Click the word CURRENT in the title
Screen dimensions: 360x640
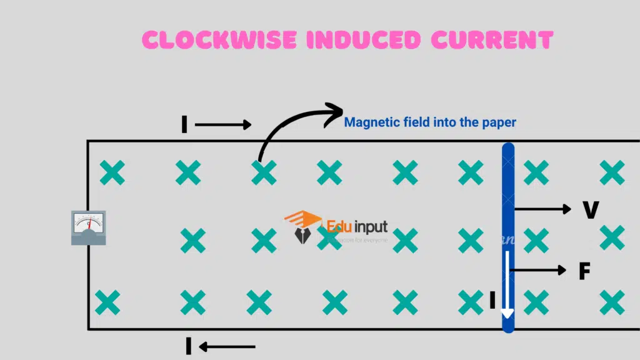[x=492, y=40]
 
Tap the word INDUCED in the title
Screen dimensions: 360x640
[x=361, y=40]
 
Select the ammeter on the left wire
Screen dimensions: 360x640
[x=88, y=227]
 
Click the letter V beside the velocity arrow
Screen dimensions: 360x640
[x=591, y=210]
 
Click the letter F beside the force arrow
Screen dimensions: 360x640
[x=584, y=271]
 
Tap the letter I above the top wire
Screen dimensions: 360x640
[x=184, y=125]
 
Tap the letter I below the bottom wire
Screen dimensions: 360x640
[x=188, y=346]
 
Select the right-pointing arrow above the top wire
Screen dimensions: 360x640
[x=223, y=125]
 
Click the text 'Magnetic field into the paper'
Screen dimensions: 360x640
[x=430, y=122]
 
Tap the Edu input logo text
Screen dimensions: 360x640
[x=357, y=226]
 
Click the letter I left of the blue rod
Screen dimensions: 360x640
[x=492, y=301]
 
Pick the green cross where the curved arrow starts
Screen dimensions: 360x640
[x=264, y=173]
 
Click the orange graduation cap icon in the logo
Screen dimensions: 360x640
[x=302, y=220]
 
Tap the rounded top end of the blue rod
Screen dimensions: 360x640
[x=508, y=149]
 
